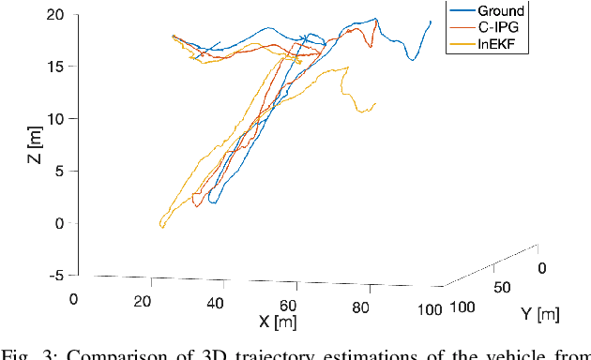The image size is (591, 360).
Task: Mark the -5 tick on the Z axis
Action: (x=56, y=275)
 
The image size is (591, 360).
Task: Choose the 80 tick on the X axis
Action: (x=359, y=307)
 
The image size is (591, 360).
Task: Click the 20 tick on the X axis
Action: (x=144, y=301)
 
